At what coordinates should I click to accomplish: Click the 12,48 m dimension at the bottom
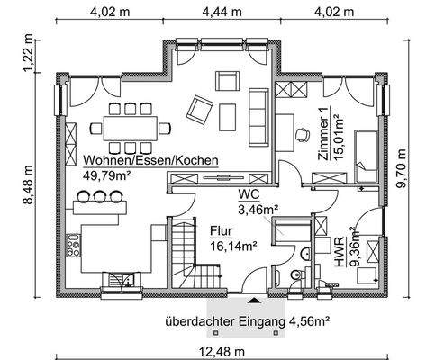(222, 351)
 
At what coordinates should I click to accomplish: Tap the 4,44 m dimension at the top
(222, 12)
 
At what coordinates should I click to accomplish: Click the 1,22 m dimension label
(26, 58)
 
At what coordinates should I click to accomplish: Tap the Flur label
(221, 229)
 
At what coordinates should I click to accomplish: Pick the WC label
(249, 194)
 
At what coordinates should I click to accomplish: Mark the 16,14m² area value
(233, 244)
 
